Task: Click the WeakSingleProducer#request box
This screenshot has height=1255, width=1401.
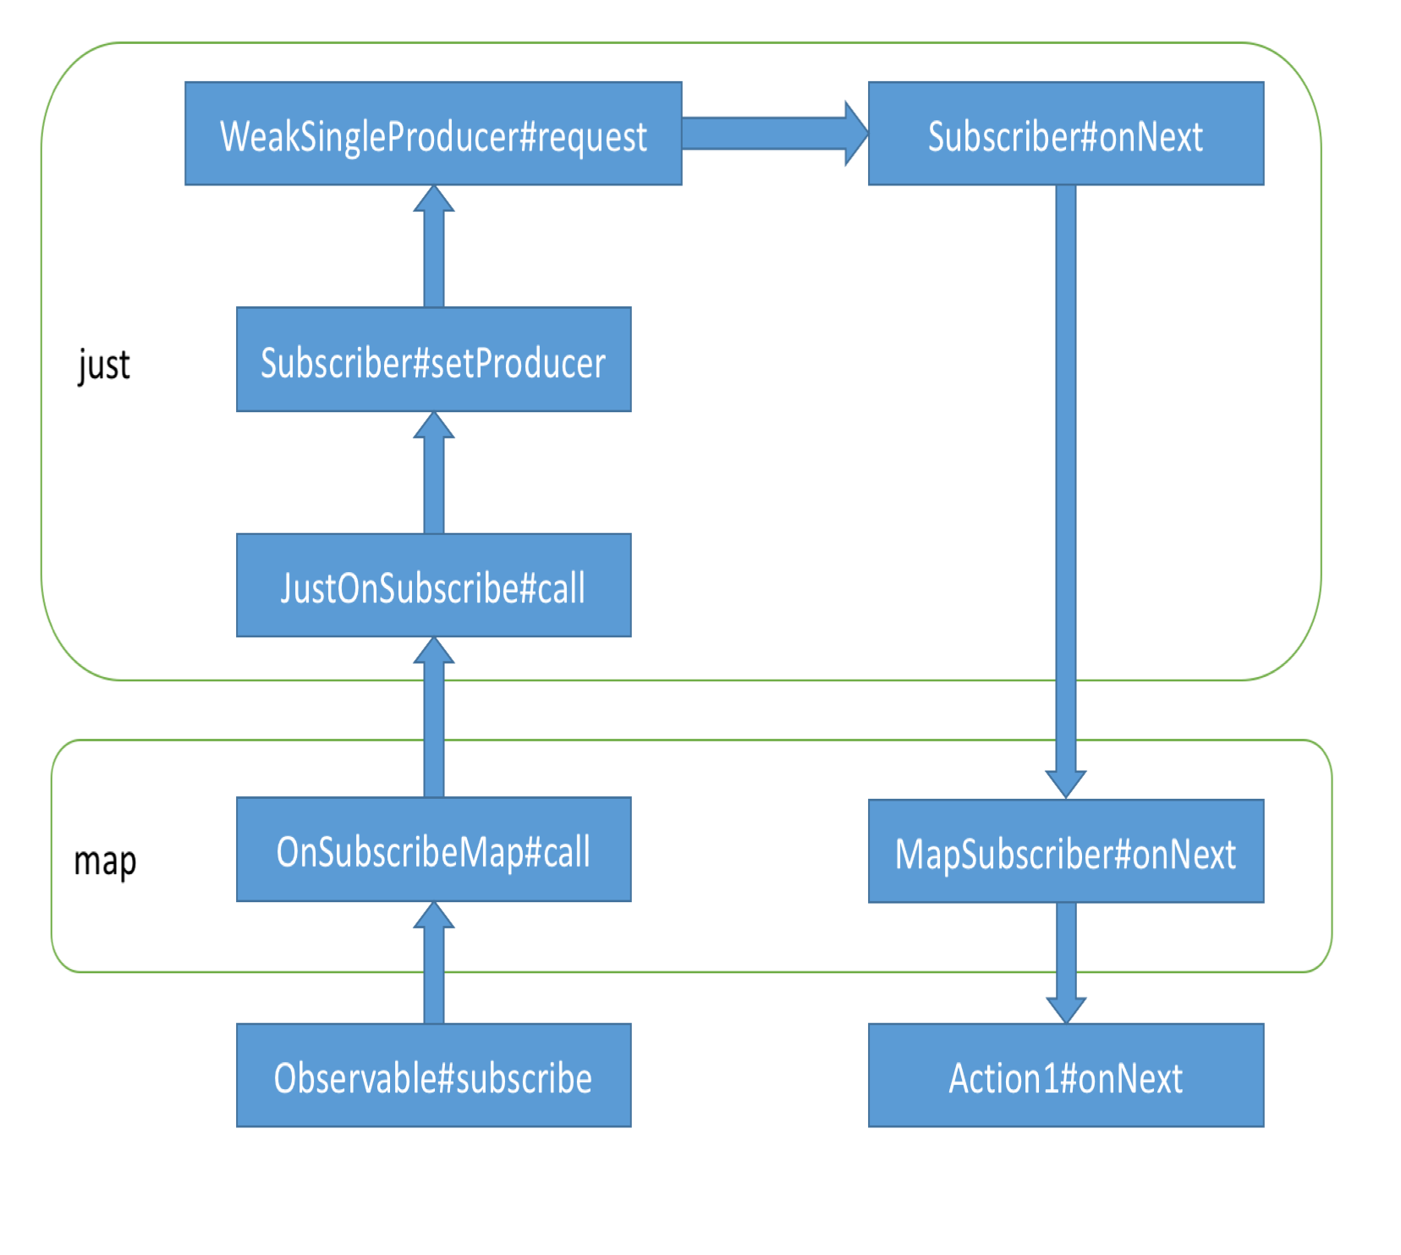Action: click(433, 134)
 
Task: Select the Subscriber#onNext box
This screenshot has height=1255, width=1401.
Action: click(1065, 134)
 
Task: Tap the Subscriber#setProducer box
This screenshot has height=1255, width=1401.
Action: click(433, 360)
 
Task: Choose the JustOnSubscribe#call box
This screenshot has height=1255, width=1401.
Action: click(433, 586)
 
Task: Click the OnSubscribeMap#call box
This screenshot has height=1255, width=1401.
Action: click(433, 850)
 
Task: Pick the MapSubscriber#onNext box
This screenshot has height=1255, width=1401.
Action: click(1065, 851)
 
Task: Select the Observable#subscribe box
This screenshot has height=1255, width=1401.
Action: click(433, 1076)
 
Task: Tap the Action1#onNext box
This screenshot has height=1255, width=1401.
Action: click(1065, 1076)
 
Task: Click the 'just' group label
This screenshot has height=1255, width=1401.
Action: click(104, 365)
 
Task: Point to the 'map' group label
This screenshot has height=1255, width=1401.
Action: click(105, 861)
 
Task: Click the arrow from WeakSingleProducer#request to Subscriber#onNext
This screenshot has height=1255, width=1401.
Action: click(766, 134)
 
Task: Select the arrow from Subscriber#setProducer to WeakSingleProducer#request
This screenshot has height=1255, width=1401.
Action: click(434, 254)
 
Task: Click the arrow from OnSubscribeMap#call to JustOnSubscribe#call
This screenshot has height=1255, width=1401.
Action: click(434, 728)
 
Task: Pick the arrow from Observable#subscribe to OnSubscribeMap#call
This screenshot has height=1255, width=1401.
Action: click(434, 973)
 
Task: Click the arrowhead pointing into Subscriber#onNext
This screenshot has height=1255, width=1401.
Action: click(856, 134)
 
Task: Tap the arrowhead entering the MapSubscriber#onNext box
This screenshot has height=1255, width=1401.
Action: click(1065, 784)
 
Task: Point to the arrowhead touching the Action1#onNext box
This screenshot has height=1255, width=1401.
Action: click(1065, 1010)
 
